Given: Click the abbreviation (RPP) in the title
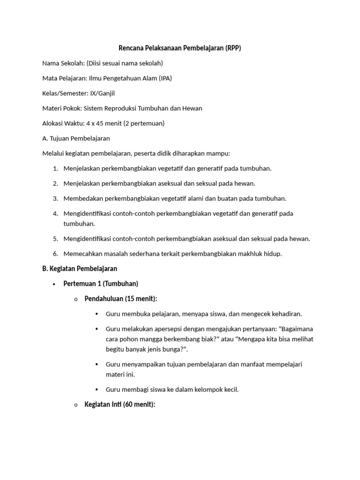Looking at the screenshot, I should (x=232, y=48).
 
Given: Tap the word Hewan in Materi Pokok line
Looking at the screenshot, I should (x=192, y=108).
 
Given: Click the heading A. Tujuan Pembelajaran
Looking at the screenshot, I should (x=76, y=138).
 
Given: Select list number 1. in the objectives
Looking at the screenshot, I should (x=55, y=168).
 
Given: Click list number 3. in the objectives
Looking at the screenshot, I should (x=55, y=198).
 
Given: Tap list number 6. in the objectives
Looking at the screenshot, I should (x=55, y=254).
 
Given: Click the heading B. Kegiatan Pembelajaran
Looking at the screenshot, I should (x=80, y=269).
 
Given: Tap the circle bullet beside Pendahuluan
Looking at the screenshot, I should (x=76, y=299).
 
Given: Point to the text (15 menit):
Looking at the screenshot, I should (x=141, y=299).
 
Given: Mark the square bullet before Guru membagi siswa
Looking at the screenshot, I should (x=97, y=390).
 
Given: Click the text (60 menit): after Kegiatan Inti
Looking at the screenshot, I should (x=139, y=405).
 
